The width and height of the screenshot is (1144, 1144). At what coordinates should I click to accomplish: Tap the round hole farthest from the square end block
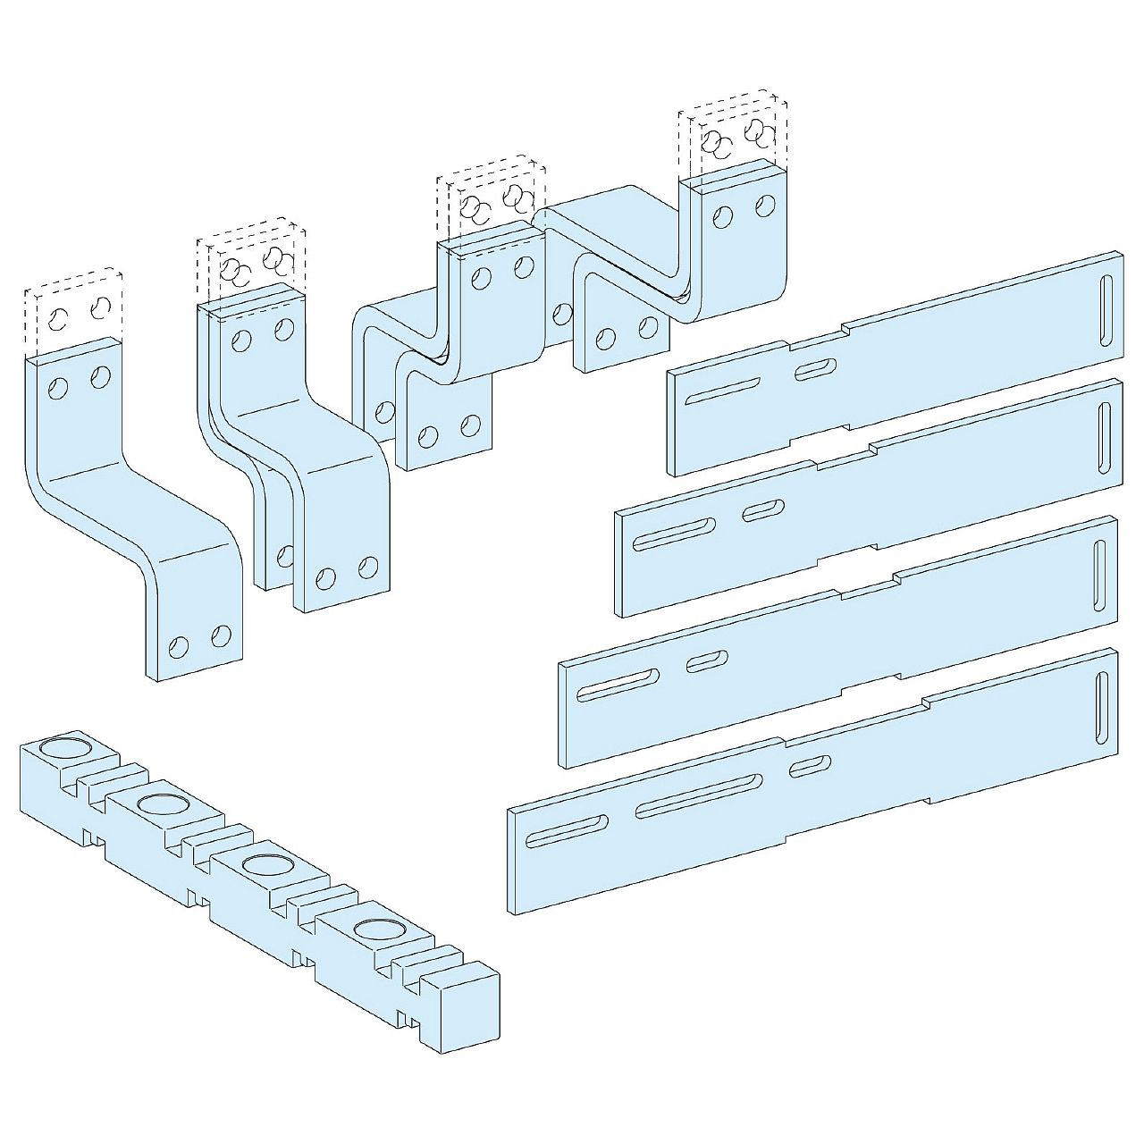pos(62,746)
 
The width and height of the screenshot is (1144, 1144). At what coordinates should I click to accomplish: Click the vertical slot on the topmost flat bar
pos(1107,307)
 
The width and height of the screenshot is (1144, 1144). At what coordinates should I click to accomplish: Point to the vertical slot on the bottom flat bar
pos(1102,707)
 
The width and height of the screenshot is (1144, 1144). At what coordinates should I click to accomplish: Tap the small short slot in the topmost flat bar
pos(812,368)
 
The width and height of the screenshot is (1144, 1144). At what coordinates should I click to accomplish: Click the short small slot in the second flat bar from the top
pos(762,510)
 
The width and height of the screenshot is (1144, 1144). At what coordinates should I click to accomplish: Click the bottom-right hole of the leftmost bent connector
pos(221,635)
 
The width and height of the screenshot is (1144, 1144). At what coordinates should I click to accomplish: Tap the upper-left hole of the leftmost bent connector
pos(59,388)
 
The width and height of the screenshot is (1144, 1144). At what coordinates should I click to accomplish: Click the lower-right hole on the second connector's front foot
pos(367,567)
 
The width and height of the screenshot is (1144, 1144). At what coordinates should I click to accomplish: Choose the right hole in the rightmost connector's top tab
pos(764,206)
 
